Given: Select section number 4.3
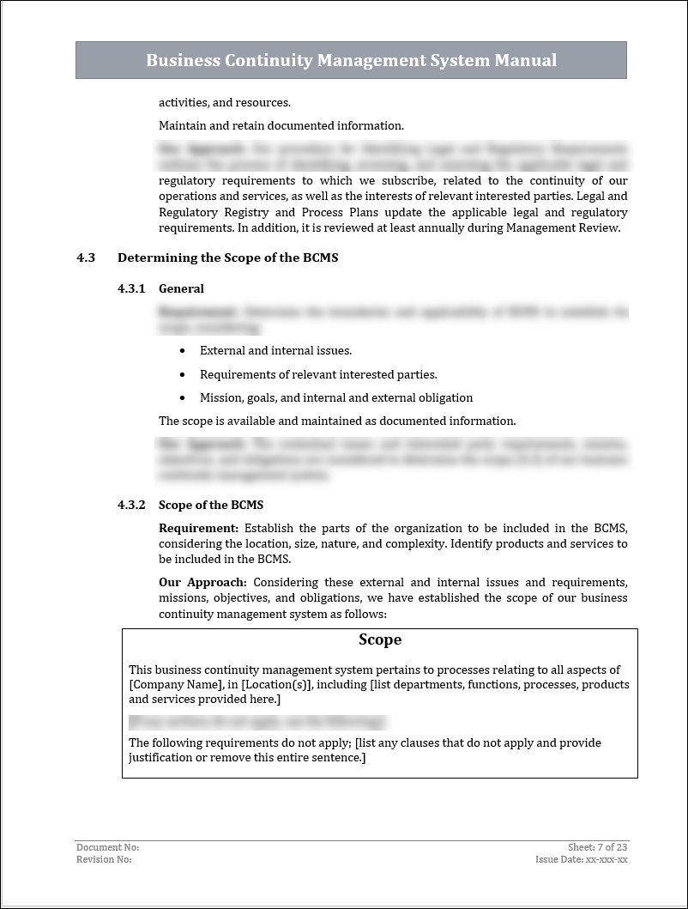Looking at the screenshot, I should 85,258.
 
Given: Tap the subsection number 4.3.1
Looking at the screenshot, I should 131,288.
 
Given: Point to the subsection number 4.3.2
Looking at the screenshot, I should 131,505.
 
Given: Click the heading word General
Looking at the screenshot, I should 181,288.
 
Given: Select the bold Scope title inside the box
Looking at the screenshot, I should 380,639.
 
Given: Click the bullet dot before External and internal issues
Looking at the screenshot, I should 183,351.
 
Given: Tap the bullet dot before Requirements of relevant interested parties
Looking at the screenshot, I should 183,375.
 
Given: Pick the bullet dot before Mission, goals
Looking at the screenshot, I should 183,398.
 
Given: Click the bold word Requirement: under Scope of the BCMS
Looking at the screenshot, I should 198,528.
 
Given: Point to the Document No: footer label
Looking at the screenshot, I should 107,847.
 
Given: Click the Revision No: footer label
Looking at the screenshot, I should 104,859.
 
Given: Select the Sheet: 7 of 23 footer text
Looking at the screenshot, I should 597,847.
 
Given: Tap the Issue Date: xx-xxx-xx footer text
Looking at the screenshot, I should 581,859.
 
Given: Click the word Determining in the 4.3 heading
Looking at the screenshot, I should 152,258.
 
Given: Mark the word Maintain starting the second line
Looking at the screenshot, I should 182,125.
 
